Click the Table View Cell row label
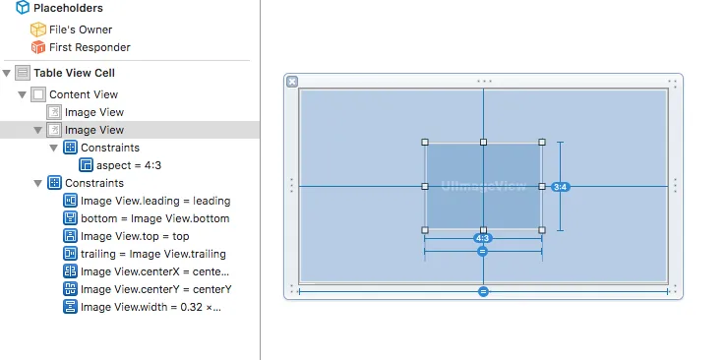pyautogui.click(x=74, y=73)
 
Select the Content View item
pyautogui.click(x=84, y=94)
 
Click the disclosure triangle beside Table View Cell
pyautogui.click(x=7, y=73)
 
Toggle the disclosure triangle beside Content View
pyautogui.click(x=23, y=94)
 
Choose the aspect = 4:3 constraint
pyautogui.click(x=129, y=165)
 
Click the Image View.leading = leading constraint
pyautogui.click(x=155, y=201)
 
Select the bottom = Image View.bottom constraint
pyautogui.click(x=155, y=218)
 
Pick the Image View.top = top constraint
pyautogui.click(x=135, y=236)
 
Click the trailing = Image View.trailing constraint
pyautogui.click(x=153, y=254)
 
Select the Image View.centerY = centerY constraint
pyautogui.click(x=156, y=289)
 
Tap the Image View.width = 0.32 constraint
pyautogui.click(x=151, y=307)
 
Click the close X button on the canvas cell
pyautogui.click(x=292, y=82)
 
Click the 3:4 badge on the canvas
pyautogui.click(x=561, y=187)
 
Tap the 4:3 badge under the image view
pyautogui.click(x=482, y=238)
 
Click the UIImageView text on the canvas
pyautogui.click(x=483, y=186)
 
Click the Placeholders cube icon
pyautogui.click(x=23, y=8)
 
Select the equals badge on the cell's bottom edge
pyautogui.click(x=483, y=291)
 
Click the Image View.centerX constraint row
pyautogui.click(x=154, y=271)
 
